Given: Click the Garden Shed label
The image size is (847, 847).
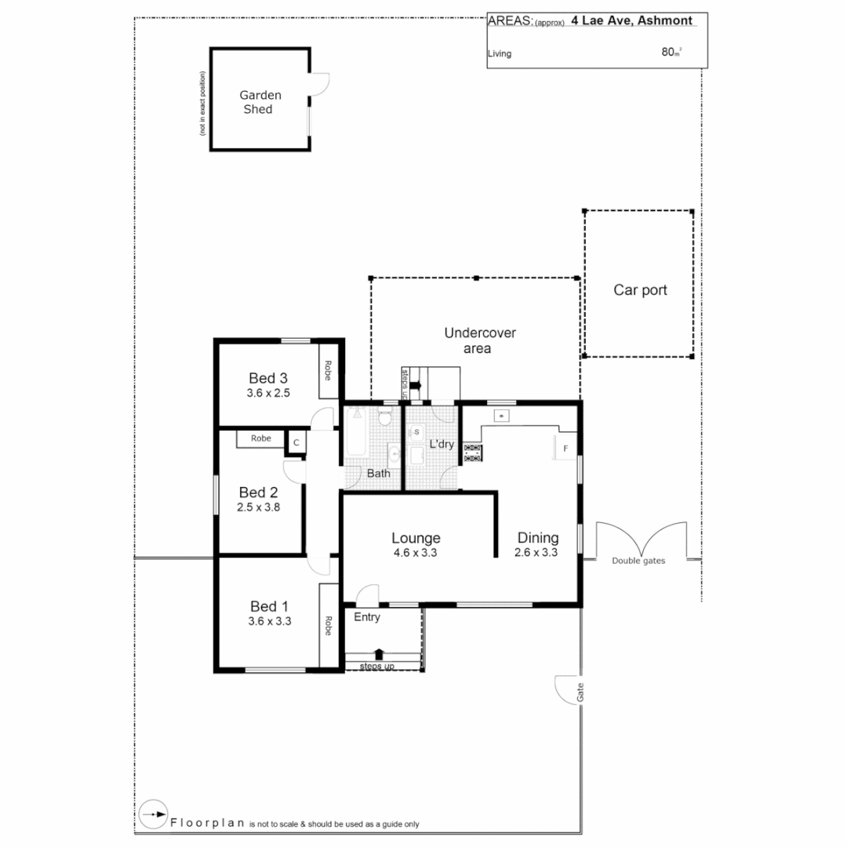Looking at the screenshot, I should (x=260, y=102).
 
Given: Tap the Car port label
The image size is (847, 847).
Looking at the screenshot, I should (x=640, y=290).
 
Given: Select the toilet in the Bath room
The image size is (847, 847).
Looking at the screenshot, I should (x=384, y=418).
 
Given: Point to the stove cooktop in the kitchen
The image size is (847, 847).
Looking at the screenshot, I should (x=473, y=452).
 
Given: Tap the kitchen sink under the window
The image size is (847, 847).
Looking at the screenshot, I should (x=500, y=413).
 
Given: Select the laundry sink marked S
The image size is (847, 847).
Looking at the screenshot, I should (x=416, y=432).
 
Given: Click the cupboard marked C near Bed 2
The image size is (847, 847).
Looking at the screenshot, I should (x=296, y=442).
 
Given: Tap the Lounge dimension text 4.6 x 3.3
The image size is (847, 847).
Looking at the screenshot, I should (x=416, y=553).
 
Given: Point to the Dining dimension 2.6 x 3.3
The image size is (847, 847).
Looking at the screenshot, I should (x=536, y=553).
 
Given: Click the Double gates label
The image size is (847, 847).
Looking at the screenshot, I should (x=638, y=561).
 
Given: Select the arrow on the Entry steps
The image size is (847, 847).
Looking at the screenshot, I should (x=380, y=653).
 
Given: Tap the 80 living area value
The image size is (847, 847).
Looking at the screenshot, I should (x=669, y=53).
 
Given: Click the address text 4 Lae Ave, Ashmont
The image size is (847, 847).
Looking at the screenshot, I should (x=631, y=21).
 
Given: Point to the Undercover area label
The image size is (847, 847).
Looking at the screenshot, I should (x=480, y=340).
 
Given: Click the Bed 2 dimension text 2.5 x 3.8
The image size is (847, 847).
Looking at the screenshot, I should (x=259, y=507).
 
